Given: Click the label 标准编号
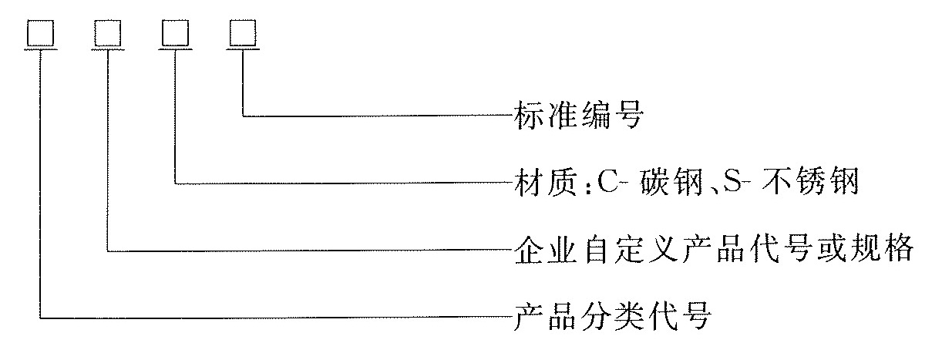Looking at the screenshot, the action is tap(579, 114).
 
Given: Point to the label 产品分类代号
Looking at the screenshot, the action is tap(612, 316).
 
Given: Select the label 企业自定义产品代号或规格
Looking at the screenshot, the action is tap(714, 250).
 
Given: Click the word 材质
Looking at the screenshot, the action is tap(546, 183).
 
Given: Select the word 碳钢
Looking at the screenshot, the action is tap(672, 183).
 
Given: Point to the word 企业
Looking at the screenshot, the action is tap(546, 250).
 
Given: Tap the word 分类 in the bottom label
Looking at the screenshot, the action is tap(612, 316).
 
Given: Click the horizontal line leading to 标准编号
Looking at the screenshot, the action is tap(378, 115).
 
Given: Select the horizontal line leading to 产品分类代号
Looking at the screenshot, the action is tap(277, 318).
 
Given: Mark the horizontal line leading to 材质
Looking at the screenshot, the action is tap(345, 183).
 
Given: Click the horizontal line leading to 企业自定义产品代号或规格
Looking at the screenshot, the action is tap(311, 251).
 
